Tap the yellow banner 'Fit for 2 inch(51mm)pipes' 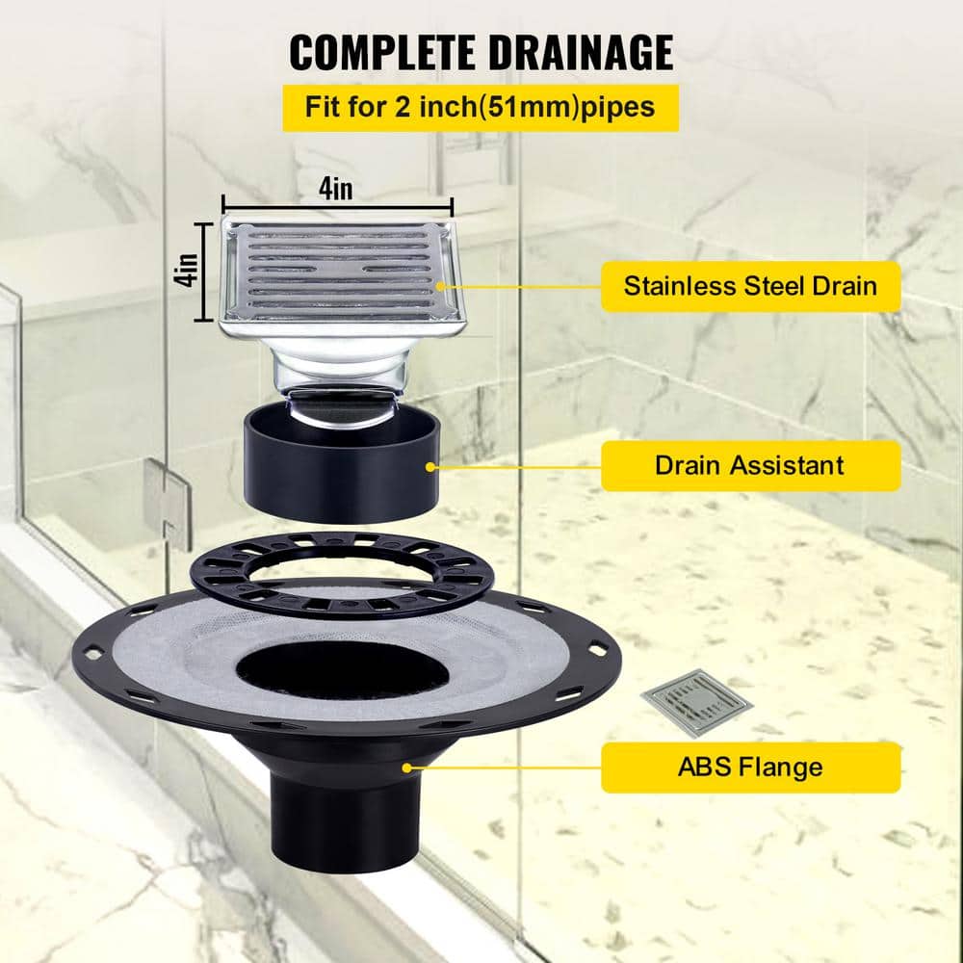pyautogui.click(x=480, y=107)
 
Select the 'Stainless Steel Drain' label pyautogui.click(x=750, y=286)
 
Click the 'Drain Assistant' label pyautogui.click(x=750, y=466)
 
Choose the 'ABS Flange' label pyautogui.click(x=750, y=768)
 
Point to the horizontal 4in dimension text pyautogui.click(x=336, y=190)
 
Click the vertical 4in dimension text pyautogui.click(x=189, y=270)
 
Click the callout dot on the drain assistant pyautogui.click(x=429, y=466)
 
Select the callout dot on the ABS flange pyautogui.click(x=409, y=768)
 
